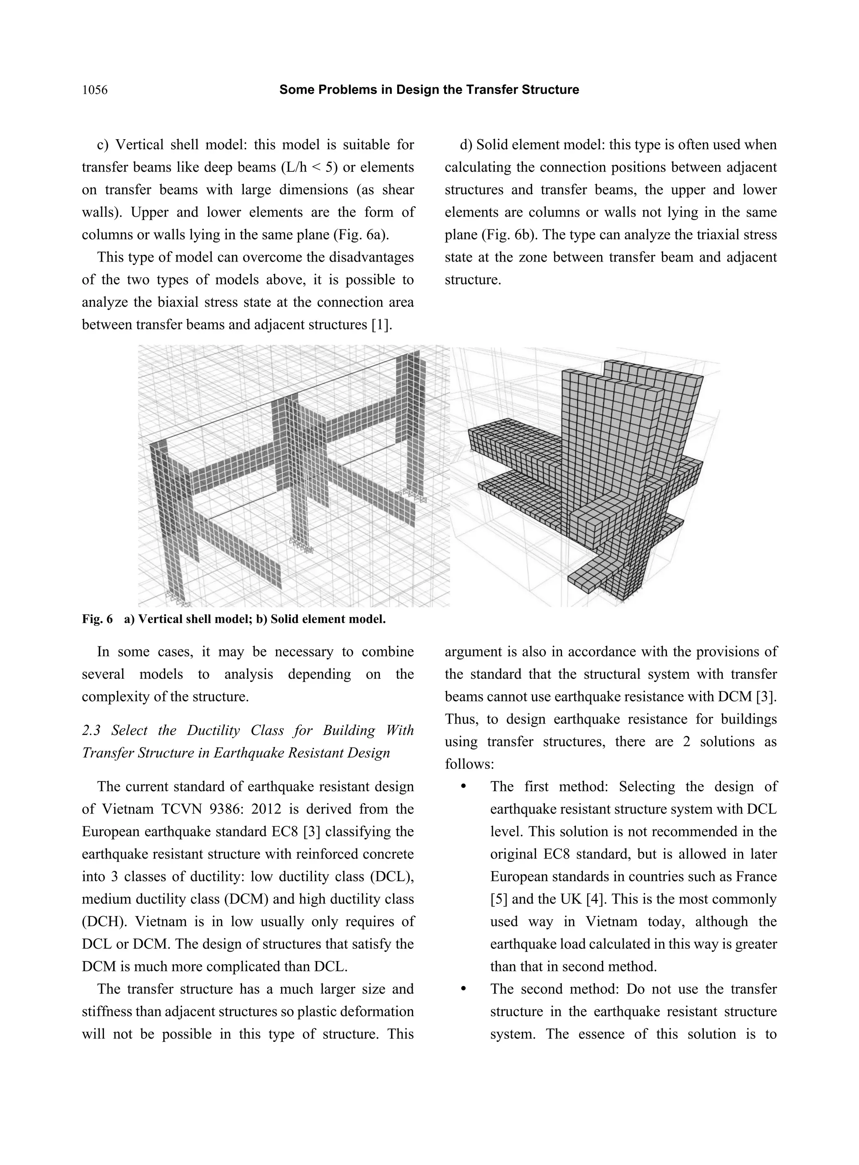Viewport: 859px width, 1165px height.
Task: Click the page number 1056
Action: click(95, 91)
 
